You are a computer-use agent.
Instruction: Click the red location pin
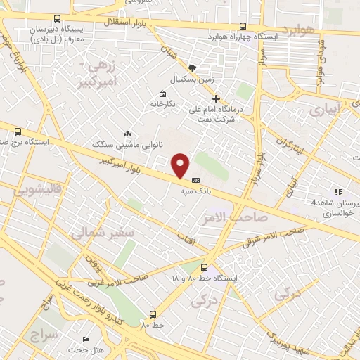click(x=181, y=165)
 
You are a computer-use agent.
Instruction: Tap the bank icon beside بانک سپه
click(x=195, y=179)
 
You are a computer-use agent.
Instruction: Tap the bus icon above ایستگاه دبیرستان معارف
click(x=57, y=19)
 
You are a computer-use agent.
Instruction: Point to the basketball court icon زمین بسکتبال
click(x=202, y=68)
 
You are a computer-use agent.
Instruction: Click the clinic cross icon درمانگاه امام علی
click(x=217, y=98)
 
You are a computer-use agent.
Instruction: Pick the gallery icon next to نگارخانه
click(x=163, y=94)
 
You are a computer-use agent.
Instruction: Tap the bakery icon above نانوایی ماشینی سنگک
click(x=127, y=133)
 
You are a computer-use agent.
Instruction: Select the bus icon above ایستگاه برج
click(x=18, y=131)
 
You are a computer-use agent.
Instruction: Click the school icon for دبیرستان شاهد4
click(x=338, y=191)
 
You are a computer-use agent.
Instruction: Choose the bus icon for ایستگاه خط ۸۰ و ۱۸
click(x=204, y=267)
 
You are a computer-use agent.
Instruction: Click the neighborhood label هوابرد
click(x=300, y=30)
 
